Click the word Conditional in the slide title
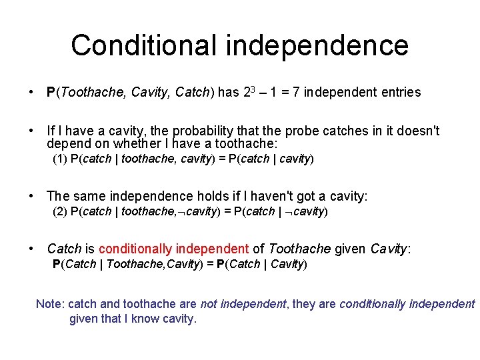tap(144, 45)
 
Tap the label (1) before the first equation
tap(60, 159)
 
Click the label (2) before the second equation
tap(60, 211)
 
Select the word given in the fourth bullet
tap(350, 249)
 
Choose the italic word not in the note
tap(209, 304)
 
